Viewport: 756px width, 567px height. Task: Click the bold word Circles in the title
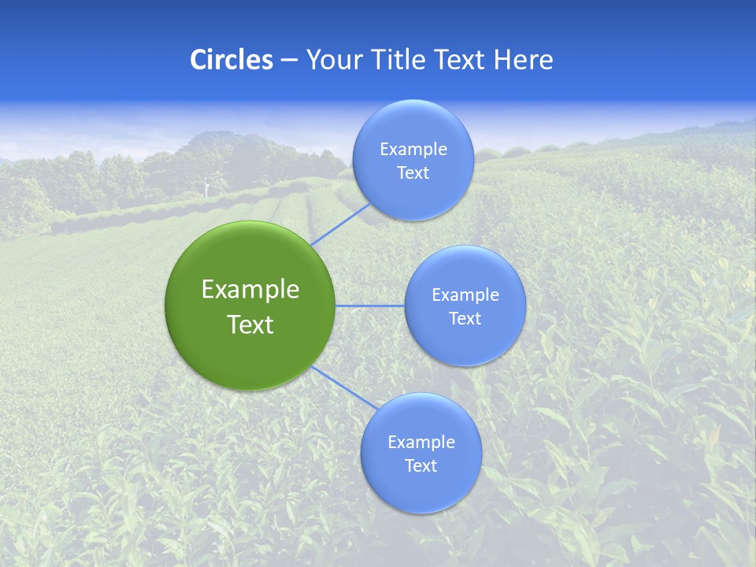232,60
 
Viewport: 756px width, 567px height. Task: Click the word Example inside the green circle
250,290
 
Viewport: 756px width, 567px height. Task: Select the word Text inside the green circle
250,324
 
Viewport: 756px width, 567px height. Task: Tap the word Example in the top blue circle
413,150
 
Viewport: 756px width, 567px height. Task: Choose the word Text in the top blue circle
413,173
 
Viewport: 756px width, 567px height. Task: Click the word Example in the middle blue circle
465,295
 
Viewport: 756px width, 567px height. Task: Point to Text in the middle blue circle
465,319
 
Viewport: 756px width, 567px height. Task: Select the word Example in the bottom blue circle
421,443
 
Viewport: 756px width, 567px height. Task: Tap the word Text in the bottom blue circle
421,466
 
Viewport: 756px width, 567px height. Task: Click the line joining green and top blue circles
340,224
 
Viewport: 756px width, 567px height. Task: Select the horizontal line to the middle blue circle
370,306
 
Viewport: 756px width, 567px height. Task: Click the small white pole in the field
206,187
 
